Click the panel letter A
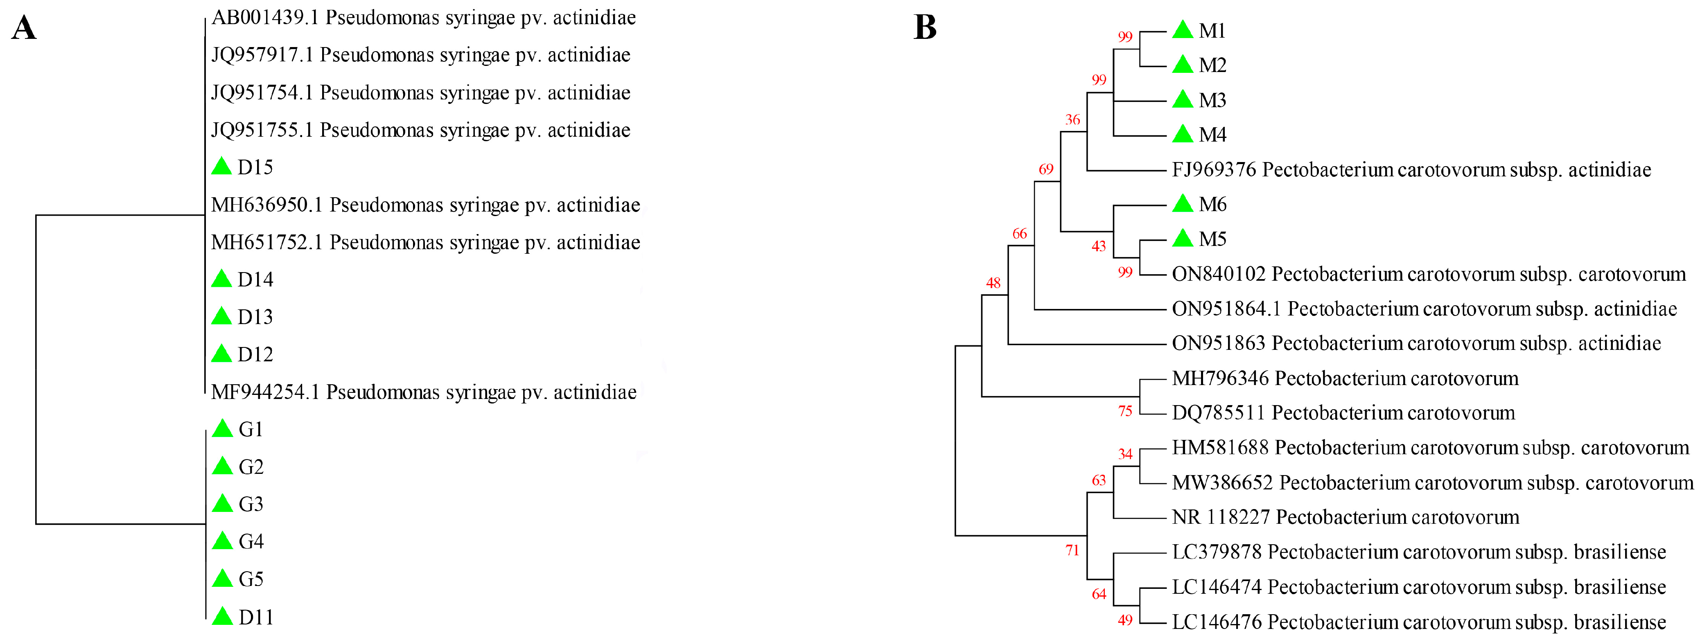tap(24, 28)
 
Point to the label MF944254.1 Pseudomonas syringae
tap(423, 392)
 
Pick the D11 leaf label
tap(255, 617)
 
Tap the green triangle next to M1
tap(1183, 30)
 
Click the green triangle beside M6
tap(1183, 204)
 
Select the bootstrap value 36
tap(1072, 120)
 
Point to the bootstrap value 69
tap(1046, 169)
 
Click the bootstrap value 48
tap(993, 283)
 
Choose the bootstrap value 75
tap(1125, 412)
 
